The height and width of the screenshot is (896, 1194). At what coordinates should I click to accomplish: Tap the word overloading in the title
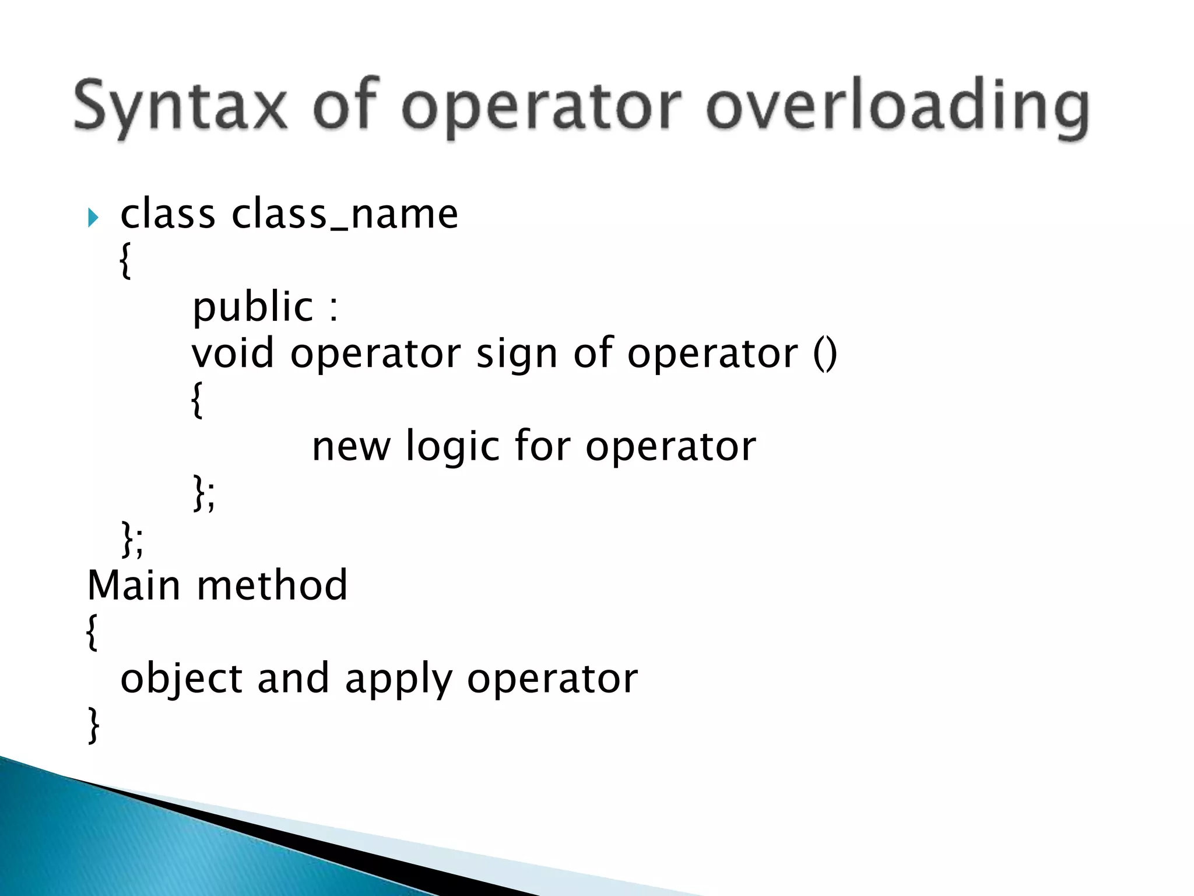(x=897, y=107)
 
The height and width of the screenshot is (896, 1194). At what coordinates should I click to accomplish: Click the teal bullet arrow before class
(x=93, y=218)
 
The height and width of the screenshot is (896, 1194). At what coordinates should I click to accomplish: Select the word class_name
(x=345, y=214)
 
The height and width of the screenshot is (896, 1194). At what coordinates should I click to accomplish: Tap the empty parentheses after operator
(x=824, y=353)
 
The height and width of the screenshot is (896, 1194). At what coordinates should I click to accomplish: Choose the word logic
(x=452, y=447)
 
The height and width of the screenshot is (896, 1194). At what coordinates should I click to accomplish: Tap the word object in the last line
(x=181, y=679)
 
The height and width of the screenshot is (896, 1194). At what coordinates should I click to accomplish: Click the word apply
(x=398, y=680)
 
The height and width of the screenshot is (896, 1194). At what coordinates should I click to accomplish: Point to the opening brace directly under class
(x=125, y=261)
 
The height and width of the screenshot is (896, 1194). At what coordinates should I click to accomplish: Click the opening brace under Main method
(x=92, y=632)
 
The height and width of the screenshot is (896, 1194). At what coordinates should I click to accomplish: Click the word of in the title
(x=345, y=105)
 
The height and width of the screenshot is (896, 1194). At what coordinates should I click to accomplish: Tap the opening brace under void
(x=197, y=400)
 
